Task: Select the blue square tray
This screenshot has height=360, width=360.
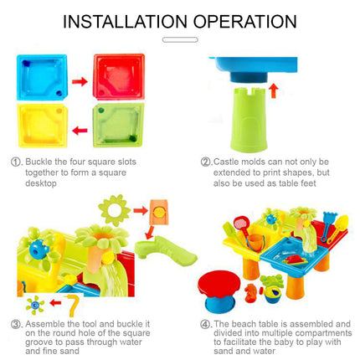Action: tap(40, 78)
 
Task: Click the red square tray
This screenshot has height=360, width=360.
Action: tap(119, 77)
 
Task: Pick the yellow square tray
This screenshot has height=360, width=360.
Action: tap(41, 126)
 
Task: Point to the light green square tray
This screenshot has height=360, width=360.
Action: tap(118, 126)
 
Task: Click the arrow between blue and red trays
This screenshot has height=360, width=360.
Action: tap(80, 82)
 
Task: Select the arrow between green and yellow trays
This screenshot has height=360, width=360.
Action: tap(80, 131)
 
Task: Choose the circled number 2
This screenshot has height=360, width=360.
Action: tap(205, 162)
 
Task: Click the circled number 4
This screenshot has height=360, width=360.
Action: tap(205, 323)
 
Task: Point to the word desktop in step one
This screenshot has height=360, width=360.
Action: tap(40, 183)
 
